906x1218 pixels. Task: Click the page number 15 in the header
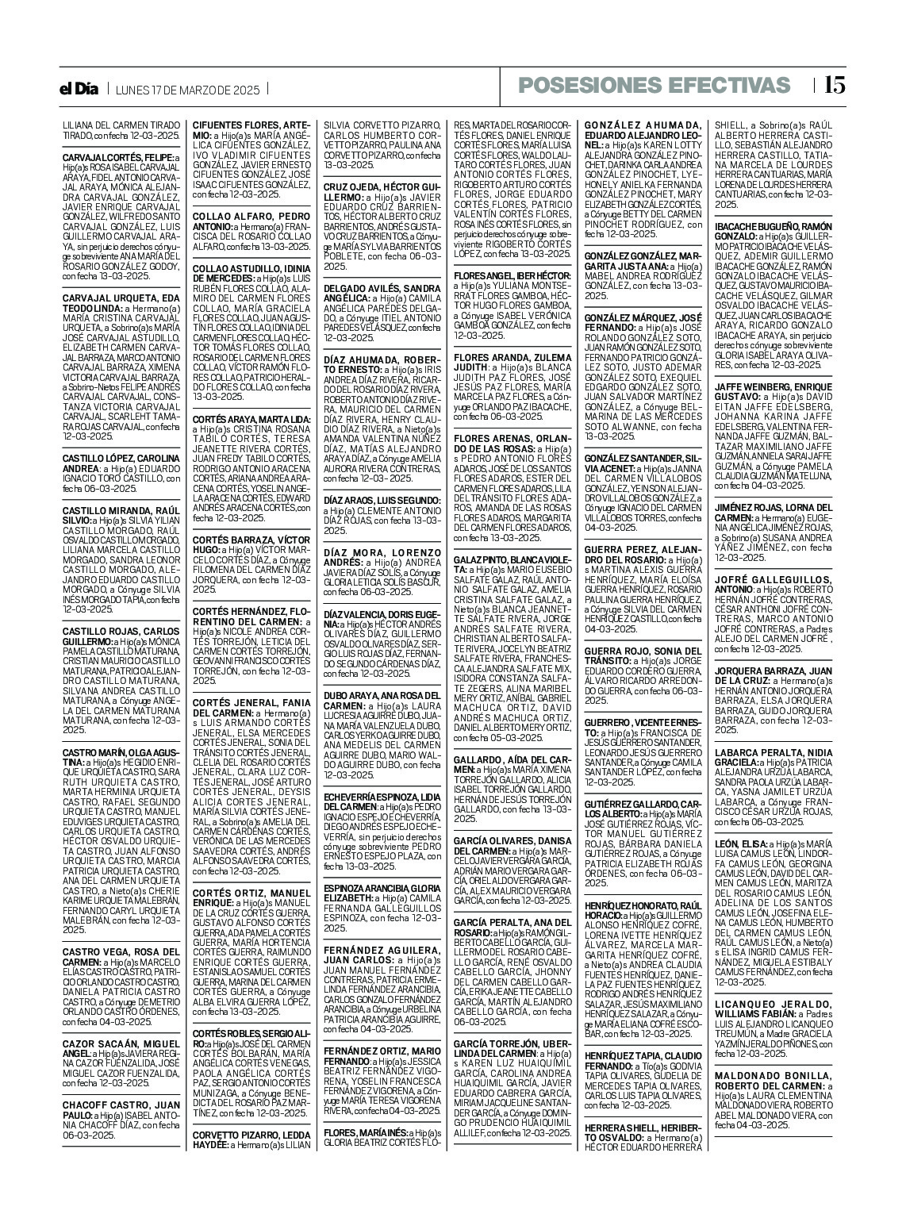tap(834, 86)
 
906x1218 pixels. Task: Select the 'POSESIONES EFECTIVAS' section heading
tap(655, 86)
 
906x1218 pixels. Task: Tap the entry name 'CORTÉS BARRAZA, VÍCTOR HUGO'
tap(249, 544)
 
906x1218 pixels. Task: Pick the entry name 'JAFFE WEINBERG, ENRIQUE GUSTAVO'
tap(773, 390)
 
